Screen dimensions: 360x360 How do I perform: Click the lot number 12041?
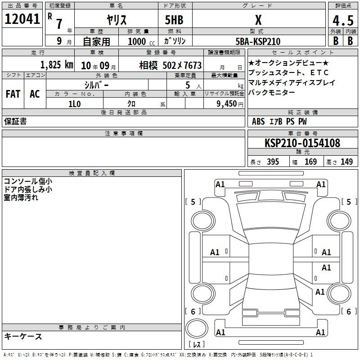pyautogui.click(x=22, y=19)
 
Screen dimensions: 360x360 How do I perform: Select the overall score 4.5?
pyautogui.click(x=343, y=20)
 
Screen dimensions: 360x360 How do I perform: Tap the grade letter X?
pyautogui.click(x=258, y=20)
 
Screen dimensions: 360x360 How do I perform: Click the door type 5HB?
pyautogui.click(x=174, y=20)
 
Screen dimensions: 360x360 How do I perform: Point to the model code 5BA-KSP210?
pyautogui.click(x=258, y=41)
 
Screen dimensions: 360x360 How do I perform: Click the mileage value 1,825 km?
pyautogui.click(x=57, y=65)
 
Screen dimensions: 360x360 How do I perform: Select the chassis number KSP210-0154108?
pyautogui.click(x=302, y=143)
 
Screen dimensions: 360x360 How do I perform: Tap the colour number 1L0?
pyautogui.click(x=74, y=104)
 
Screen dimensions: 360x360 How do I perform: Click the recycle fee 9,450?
pyautogui.click(x=227, y=103)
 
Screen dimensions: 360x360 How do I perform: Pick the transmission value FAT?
pyautogui.click(x=13, y=94)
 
